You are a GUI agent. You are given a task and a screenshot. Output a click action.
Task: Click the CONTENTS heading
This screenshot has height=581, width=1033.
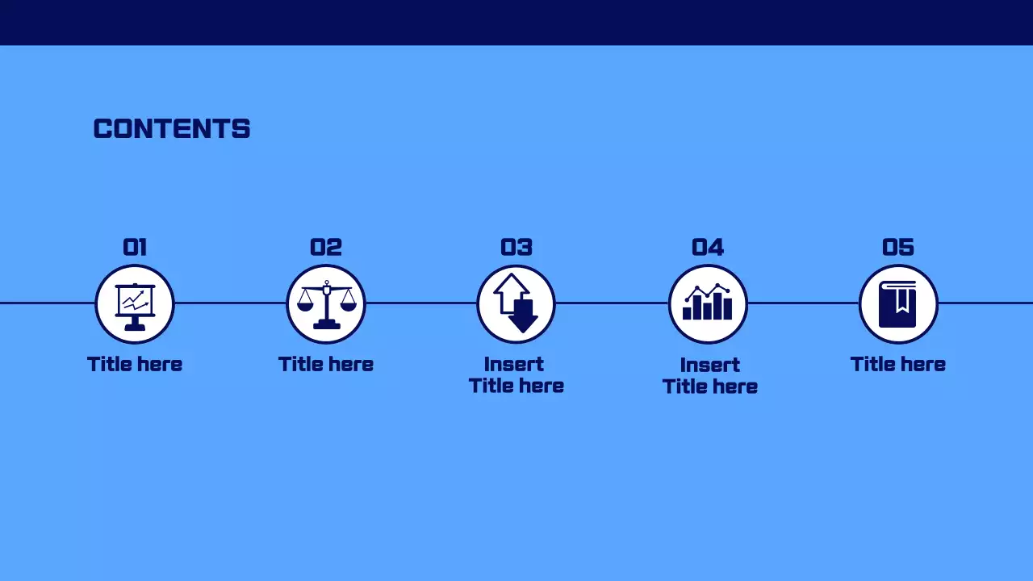click(172, 129)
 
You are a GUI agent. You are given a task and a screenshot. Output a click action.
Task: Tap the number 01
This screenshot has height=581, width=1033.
click(135, 247)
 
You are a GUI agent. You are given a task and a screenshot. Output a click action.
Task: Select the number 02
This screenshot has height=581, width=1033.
click(326, 247)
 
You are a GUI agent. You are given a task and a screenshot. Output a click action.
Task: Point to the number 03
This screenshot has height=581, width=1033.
click(516, 247)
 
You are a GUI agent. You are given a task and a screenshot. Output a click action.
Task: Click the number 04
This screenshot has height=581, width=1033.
click(708, 247)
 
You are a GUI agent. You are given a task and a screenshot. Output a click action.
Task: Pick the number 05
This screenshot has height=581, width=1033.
click(898, 247)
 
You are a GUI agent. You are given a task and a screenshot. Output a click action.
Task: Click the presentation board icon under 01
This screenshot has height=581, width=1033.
click(135, 304)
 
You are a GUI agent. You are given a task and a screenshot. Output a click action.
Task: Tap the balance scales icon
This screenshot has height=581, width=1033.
click(326, 304)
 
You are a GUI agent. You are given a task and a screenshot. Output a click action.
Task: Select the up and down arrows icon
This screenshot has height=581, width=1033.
click(516, 304)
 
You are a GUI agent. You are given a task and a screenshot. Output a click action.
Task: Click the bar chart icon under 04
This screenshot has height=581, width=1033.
click(708, 304)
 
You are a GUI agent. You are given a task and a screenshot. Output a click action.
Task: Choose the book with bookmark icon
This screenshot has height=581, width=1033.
click(898, 304)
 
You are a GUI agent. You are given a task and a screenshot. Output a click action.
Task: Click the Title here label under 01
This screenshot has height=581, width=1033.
click(135, 364)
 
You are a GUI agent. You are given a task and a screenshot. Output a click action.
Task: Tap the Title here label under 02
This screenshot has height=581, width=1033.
click(326, 364)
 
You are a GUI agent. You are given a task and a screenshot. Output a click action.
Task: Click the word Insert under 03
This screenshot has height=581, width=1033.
click(514, 364)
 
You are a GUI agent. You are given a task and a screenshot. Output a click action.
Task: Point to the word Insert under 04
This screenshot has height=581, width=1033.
click(710, 365)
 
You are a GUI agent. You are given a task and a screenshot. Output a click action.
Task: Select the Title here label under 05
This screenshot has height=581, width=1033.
click(898, 364)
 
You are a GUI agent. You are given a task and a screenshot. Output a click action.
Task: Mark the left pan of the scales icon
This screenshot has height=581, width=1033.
click(305, 304)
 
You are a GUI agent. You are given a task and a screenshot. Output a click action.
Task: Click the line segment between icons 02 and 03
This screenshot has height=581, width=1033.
click(421, 303)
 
